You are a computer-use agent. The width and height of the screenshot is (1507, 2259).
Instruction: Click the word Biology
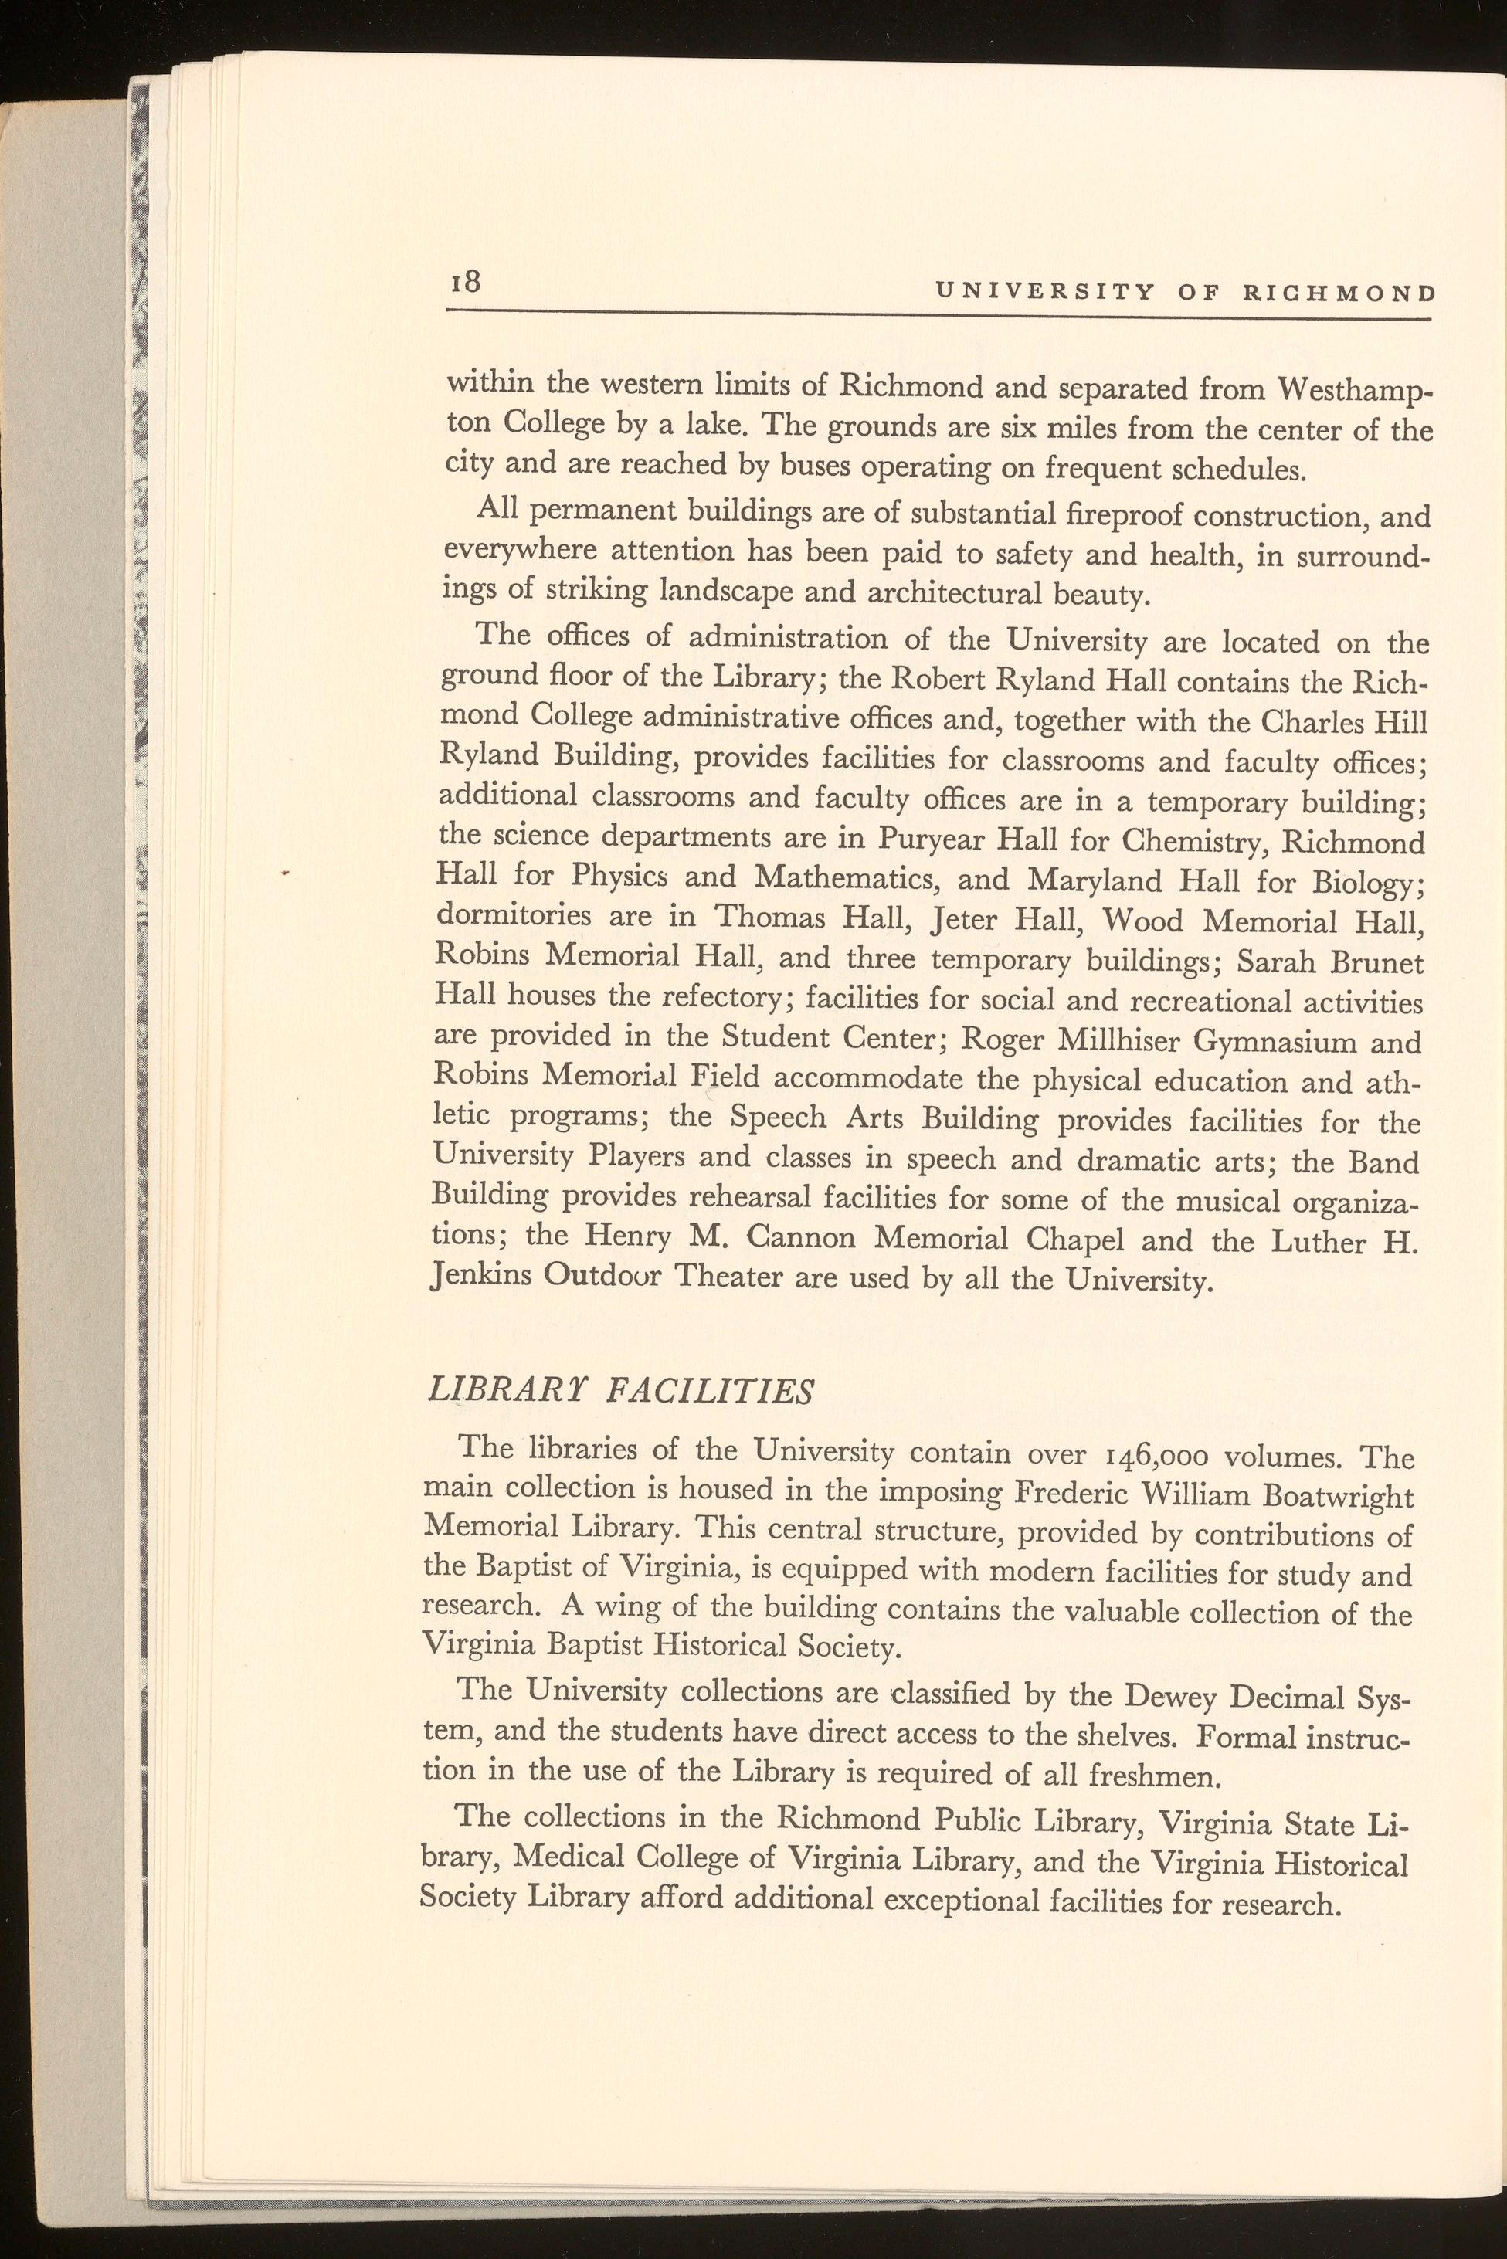pos(1360,884)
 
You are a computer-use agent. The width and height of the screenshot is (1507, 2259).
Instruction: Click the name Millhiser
pos(1121,1043)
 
